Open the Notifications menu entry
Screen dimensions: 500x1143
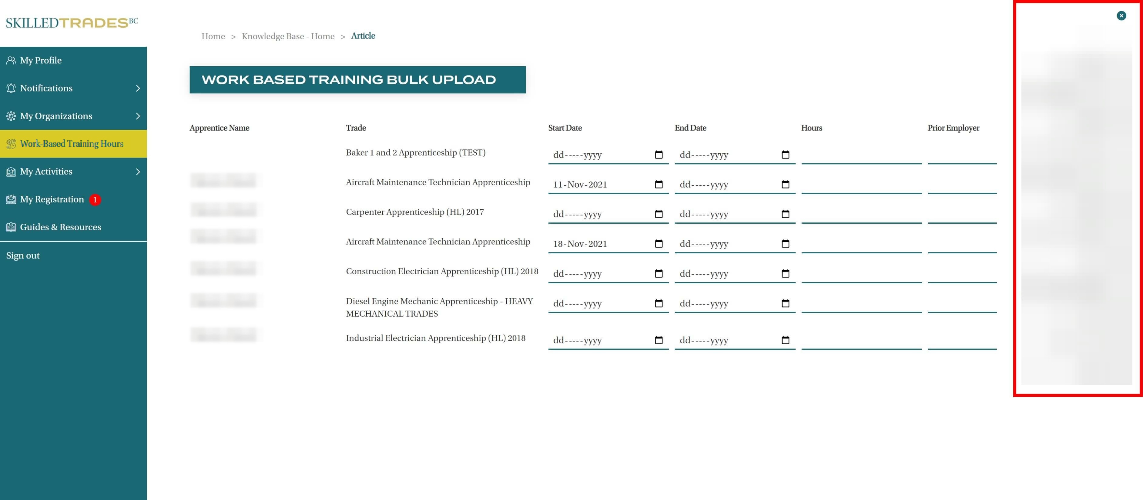tap(46, 88)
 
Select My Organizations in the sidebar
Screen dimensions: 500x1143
tap(56, 116)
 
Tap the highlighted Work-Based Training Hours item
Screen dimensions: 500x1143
tap(72, 144)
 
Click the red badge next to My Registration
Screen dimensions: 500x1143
tap(95, 200)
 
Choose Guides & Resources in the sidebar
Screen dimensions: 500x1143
tap(60, 227)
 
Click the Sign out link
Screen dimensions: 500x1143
tap(23, 255)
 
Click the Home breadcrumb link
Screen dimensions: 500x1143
tap(213, 36)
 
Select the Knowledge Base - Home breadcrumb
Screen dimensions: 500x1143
tap(288, 36)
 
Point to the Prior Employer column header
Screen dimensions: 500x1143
tap(953, 128)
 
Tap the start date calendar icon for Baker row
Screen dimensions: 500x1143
tap(659, 155)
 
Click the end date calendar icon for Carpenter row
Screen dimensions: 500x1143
tap(785, 214)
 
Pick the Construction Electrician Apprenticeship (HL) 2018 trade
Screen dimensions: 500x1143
tap(442, 272)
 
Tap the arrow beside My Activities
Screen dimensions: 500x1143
tap(138, 172)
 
